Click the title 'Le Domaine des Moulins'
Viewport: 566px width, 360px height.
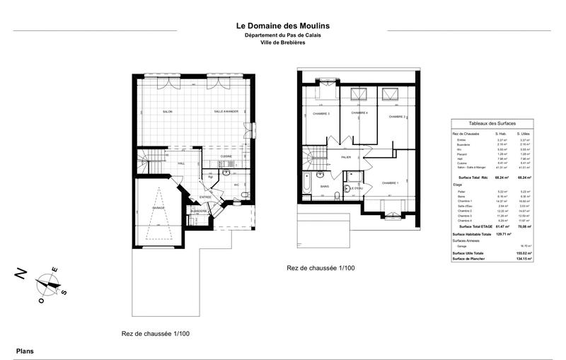click(282, 26)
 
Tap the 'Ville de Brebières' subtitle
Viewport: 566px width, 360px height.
click(282, 44)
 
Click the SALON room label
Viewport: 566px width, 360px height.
click(168, 112)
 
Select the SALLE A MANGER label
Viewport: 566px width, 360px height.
click(226, 112)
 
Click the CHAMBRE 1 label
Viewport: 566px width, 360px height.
click(391, 183)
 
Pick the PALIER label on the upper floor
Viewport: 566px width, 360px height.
click(345, 157)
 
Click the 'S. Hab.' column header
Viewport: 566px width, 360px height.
click(502, 133)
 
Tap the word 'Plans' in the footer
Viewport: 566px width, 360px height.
click(25, 351)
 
